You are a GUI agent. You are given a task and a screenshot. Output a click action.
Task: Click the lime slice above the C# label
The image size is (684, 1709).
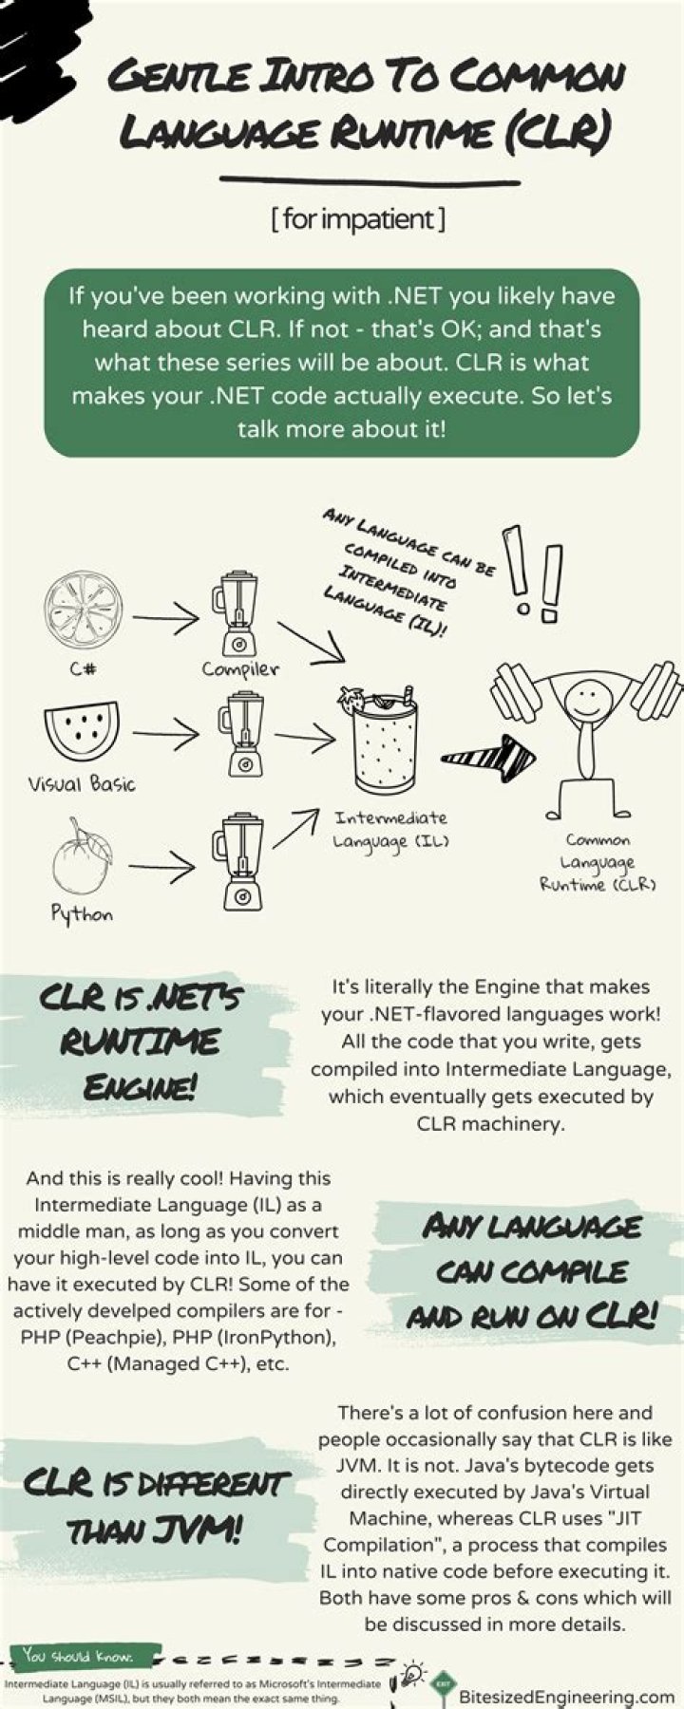83,609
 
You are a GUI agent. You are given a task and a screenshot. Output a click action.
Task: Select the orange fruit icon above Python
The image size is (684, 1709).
81,859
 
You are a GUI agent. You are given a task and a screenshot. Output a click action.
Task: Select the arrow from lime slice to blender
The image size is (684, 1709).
167,619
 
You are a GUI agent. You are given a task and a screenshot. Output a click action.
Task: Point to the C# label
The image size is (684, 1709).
83,668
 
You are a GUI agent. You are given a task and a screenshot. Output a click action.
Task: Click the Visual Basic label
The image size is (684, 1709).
82,784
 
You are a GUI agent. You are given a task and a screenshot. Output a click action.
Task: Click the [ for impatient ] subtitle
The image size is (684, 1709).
357,219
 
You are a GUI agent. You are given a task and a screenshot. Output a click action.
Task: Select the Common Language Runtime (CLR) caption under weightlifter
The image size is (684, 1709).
598,862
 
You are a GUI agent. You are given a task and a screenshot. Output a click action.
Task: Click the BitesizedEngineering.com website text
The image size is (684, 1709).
566,1697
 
